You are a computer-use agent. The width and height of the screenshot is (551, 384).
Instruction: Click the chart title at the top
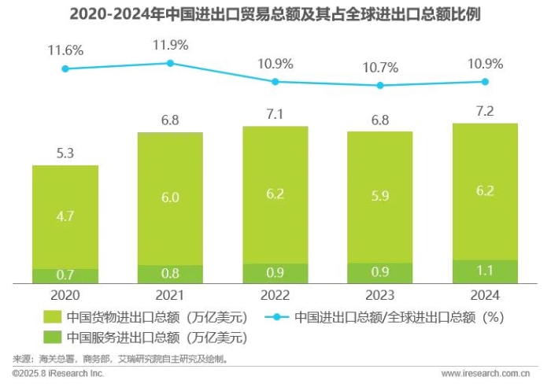tap(275, 13)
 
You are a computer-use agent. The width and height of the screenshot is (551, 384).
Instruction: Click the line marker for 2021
tap(170, 63)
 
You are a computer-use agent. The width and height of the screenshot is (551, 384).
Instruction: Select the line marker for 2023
tap(380, 85)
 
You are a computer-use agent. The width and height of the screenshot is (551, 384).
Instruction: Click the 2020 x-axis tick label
tap(65, 294)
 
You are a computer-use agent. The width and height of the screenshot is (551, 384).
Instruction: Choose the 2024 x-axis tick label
tap(485, 294)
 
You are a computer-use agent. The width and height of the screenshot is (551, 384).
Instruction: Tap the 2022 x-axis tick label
tap(275, 294)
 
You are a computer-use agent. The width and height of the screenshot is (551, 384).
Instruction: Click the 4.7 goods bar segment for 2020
tap(65, 216)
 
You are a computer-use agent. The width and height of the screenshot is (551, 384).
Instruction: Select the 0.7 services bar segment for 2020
tap(65, 275)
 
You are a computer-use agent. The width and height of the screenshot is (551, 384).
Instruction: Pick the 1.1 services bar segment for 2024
tap(485, 271)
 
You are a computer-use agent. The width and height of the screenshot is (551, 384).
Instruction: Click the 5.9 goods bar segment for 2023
tap(380, 197)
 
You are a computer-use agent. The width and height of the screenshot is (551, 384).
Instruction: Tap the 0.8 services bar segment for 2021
tap(170, 274)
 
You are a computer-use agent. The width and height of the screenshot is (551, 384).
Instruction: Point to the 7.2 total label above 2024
tap(485, 111)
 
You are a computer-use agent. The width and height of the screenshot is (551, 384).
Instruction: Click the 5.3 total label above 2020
tap(65, 153)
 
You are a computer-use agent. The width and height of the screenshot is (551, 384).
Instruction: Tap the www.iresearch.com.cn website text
tap(490, 373)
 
